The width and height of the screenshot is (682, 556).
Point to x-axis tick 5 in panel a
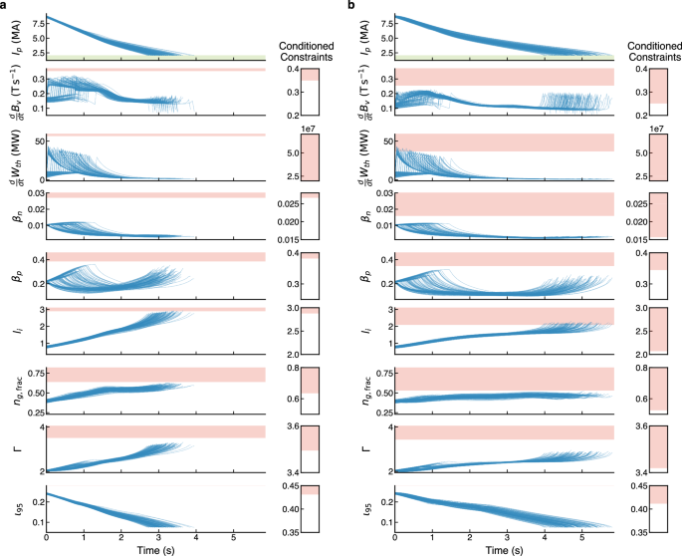pos(233,538)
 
